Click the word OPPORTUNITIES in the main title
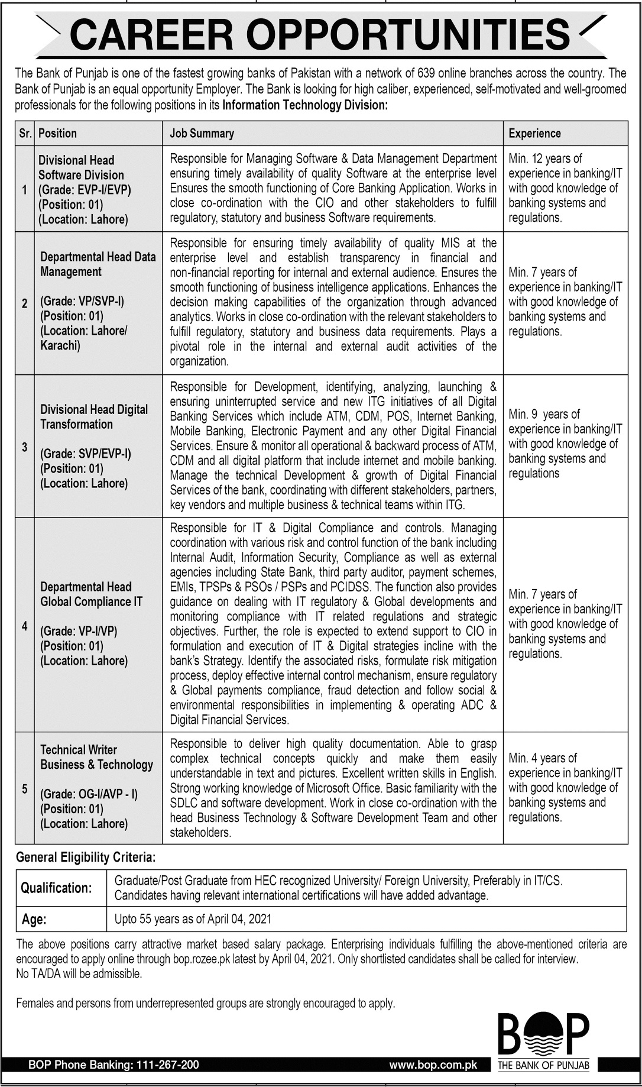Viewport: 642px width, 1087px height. point(408,35)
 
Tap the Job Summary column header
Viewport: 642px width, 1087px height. point(202,134)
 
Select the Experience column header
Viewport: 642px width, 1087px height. point(534,134)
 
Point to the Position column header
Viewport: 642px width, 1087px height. point(57,134)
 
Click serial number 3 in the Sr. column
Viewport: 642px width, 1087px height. point(24,447)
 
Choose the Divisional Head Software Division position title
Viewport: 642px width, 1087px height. point(81,167)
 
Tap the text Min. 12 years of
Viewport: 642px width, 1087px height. point(545,158)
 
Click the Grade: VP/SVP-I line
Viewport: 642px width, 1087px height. point(82,301)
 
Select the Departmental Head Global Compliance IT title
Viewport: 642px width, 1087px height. point(91,594)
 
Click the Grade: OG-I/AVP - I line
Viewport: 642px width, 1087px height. point(89,794)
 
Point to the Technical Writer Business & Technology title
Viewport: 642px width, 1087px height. point(96,757)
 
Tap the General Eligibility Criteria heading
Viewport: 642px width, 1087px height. point(86,857)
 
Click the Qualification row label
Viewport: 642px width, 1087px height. point(56,888)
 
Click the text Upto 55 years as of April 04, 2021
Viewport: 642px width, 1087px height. point(193,919)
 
